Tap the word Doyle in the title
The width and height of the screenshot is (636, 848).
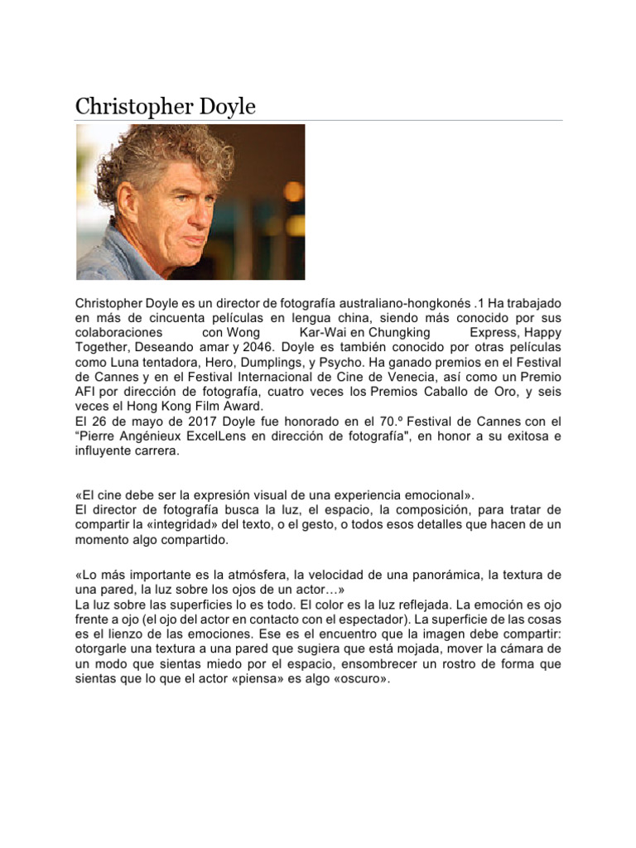click(225, 107)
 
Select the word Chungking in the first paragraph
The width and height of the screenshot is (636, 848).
click(399, 332)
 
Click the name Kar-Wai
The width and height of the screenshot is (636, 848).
click(312, 332)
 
